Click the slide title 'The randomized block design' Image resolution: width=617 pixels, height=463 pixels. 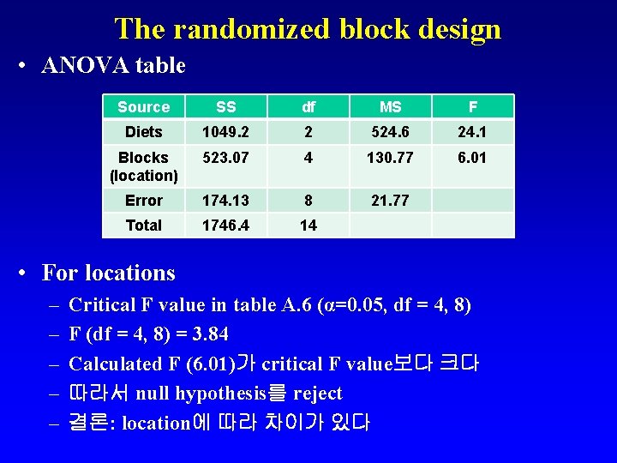tap(308, 29)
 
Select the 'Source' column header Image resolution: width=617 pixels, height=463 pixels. tap(143, 107)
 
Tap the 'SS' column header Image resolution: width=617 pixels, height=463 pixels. tap(226, 107)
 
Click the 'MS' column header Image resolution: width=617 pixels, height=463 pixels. tap(390, 107)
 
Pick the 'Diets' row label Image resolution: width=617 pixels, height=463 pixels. tap(143, 132)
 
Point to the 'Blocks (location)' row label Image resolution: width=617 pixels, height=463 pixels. tap(143, 166)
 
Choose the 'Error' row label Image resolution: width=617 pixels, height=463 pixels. tap(143, 201)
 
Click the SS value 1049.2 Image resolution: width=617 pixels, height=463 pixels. tap(226, 132)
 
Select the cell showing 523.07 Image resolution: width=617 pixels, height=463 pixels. tap(226, 158)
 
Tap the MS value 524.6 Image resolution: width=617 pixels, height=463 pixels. tap(390, 132)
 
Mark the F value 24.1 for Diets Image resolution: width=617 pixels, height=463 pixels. tap(472, 132)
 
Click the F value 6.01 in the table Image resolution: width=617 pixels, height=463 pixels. tap(472, 158)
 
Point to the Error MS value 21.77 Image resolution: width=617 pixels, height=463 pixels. tap(390, 201)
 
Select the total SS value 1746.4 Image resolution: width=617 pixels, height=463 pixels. tap(226, 225)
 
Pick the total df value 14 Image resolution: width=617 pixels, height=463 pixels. tap(308, 225)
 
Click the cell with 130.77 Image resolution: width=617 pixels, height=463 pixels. tap(390, 158)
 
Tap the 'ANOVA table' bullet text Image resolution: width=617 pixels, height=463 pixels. tap(113, 65)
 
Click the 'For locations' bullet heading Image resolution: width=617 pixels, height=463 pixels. tap(108, 274)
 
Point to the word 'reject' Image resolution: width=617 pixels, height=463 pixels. tap(317, 394)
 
